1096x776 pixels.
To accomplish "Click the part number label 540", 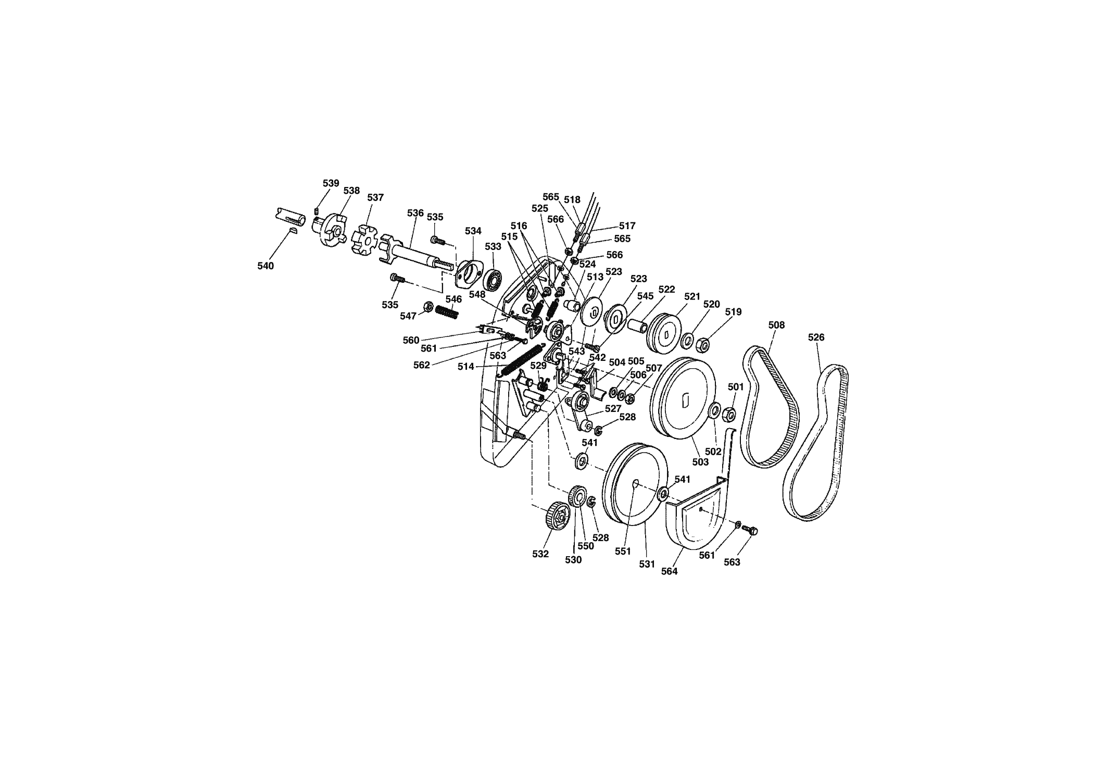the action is pos(266,266).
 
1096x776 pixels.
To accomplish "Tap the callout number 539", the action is pos(331,183).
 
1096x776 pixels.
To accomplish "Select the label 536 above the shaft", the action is pos(415,213).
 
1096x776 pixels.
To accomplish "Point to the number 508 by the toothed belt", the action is pos(776,325).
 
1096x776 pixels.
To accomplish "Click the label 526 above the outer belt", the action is pos(816,337).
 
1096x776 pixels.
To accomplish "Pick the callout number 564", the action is pos(669,571).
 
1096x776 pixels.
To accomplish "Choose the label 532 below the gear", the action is pos(540,554).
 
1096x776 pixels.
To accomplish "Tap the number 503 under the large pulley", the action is pos(700,462).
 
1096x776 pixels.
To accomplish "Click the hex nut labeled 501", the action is pos(729,415).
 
